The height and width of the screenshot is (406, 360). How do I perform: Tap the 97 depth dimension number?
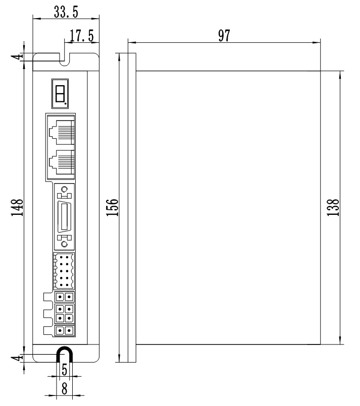224,36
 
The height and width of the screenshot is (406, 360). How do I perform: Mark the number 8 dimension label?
64,389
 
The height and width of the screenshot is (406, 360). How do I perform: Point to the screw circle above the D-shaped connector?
64,190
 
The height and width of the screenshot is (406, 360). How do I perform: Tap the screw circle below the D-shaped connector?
64,244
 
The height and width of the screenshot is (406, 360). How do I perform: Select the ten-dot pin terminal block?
63,271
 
